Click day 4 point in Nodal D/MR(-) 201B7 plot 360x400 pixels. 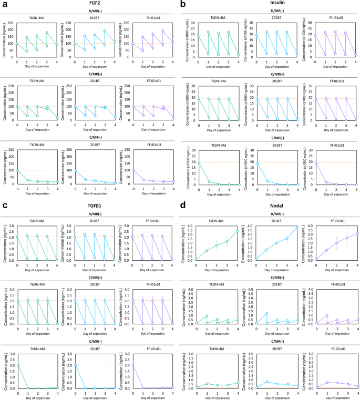coord(297,227)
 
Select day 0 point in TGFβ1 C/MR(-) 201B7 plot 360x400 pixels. coord(77,365)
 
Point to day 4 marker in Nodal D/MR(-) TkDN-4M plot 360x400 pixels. coord(236,232)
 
